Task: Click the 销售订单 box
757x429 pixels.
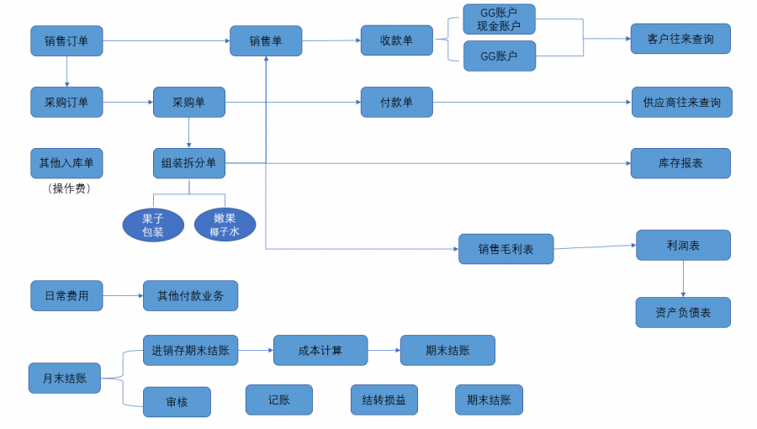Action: [66, 40]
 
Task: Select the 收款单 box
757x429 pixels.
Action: [396, 40]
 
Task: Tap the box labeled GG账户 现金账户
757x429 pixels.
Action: [499, 19]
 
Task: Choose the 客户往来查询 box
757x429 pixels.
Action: [680, 39]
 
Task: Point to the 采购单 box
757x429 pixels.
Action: [188, 102]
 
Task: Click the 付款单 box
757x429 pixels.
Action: [396, 102]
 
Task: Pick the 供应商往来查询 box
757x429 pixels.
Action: [681, 102]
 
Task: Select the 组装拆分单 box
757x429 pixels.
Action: [188, 163]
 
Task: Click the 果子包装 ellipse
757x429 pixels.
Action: [153, 225]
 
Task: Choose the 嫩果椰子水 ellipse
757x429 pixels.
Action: [225, 225]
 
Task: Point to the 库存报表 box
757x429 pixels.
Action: [680, 163]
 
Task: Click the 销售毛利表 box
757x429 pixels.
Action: [506, 249]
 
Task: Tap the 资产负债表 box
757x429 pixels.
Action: [683, 312]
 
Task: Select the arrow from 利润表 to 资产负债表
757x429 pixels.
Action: [683, 278]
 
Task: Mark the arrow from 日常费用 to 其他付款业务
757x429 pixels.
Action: [123, 295]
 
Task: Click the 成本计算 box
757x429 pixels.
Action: [320, 350]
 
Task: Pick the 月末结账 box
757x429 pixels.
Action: [64, 378]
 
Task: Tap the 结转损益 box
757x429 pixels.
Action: [384, 400]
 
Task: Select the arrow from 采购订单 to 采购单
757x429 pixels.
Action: [128, 102]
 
